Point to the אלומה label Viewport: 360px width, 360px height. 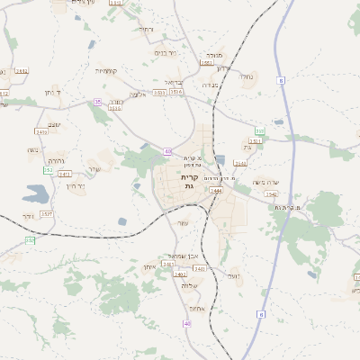(x=137, y=94)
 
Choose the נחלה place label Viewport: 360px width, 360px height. (x=247, y=77)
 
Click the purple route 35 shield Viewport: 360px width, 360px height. (x=97, y=103)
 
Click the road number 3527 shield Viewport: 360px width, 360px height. (x=47, y=214)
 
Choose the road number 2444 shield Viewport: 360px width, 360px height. (x=215, y=191)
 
